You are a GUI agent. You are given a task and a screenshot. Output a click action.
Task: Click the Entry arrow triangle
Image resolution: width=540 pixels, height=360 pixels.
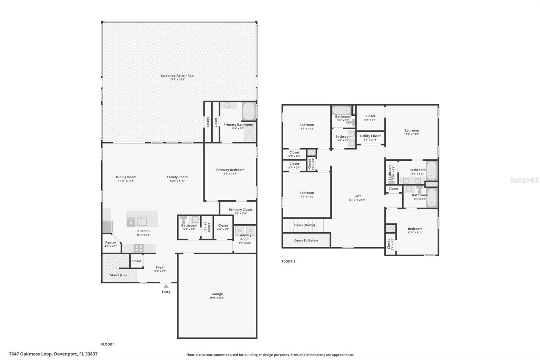point(166,286)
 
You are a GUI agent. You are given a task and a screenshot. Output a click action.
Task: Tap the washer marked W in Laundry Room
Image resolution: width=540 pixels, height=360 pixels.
point(240,230)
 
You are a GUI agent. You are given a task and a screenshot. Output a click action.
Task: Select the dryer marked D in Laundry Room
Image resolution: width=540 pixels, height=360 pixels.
point(250,230)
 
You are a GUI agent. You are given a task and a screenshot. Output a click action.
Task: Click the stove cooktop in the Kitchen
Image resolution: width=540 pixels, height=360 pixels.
point(139,248)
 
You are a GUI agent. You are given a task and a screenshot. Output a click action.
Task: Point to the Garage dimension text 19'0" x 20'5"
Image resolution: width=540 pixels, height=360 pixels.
point(217,298)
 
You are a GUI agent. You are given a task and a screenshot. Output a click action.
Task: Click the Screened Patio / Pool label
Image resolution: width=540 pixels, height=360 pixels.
point(178,76)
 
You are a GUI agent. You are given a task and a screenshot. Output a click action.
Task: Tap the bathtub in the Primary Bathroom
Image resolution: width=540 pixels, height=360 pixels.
point(248,111)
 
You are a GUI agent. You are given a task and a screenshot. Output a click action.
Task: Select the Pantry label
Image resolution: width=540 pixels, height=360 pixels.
point(111,242)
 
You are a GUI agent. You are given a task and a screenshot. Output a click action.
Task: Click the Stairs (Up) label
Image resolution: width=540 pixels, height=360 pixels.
point(118,275)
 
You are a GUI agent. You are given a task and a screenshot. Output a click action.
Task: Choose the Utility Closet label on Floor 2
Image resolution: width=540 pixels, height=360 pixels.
point(371,136)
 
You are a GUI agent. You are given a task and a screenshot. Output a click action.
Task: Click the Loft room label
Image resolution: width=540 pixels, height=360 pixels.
point(358,196)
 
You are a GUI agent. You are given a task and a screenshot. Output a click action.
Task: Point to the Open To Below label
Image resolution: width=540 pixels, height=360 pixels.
point(306,240)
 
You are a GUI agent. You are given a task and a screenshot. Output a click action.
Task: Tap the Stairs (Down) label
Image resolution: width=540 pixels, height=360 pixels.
point(304,225)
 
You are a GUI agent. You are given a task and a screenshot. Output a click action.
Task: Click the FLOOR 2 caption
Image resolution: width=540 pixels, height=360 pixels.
point(289,261)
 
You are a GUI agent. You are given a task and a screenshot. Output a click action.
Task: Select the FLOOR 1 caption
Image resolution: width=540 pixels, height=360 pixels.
point(108,344)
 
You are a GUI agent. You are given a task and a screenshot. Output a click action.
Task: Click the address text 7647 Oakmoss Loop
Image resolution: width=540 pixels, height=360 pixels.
point(30,354)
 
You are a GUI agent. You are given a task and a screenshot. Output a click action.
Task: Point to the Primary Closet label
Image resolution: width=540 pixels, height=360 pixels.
point(241,210)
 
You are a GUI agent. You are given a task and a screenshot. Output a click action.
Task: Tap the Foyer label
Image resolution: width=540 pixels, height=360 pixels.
point(160,267)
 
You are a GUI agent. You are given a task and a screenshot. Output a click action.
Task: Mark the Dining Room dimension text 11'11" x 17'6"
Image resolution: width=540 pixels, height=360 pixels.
point(126,181)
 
